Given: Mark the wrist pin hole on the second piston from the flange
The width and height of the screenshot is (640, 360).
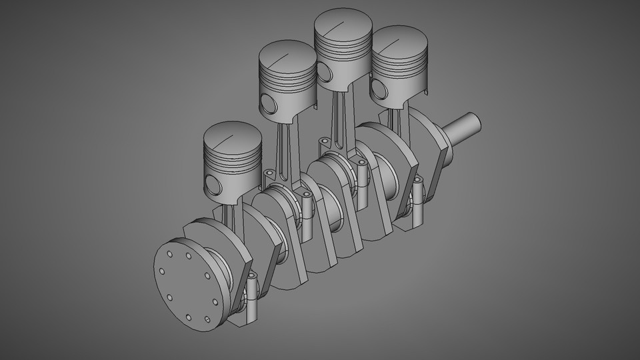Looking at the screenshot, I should click(269, 104).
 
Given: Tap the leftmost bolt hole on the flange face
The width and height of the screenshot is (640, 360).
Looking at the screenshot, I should click(161, 271).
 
